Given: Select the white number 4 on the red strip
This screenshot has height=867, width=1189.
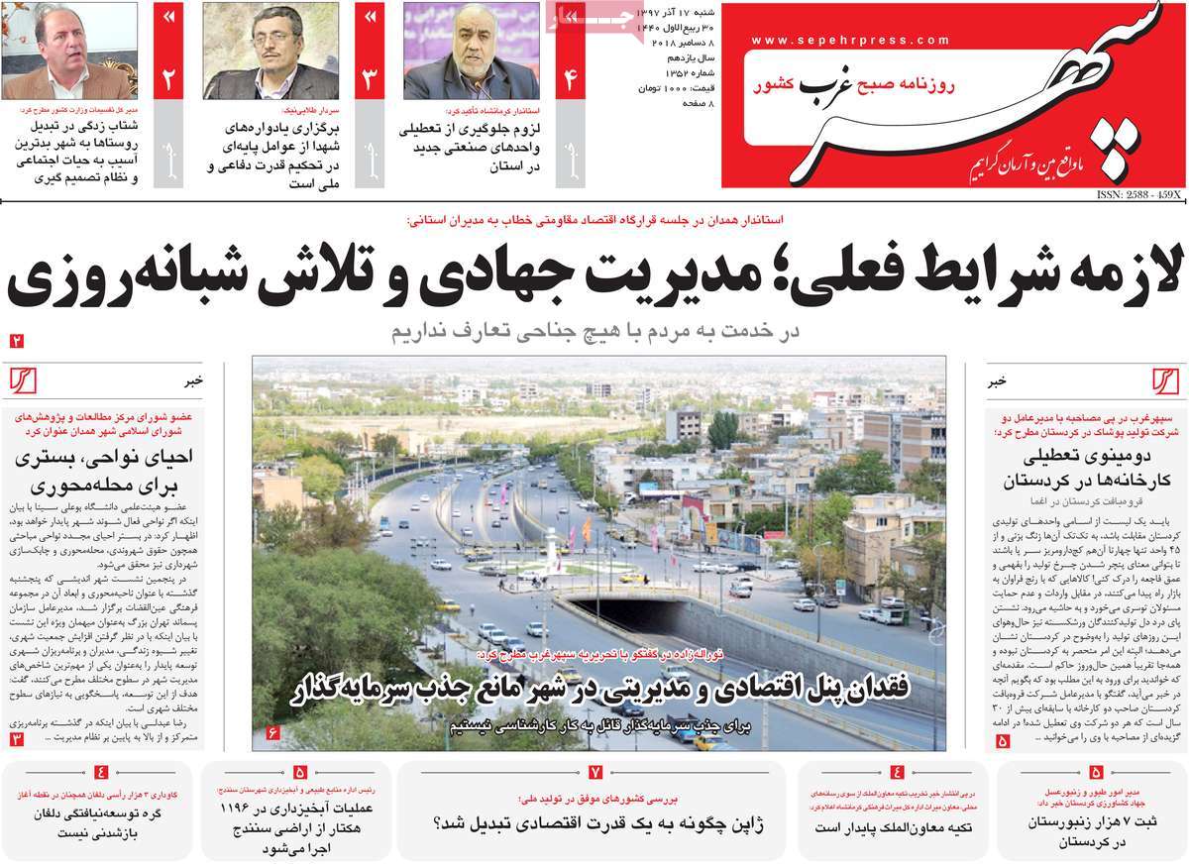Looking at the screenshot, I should tap(570, 80).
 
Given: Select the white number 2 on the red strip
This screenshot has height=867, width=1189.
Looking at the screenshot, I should tap(167, 80).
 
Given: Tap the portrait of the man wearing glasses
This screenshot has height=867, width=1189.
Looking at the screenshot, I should tap(270, 52).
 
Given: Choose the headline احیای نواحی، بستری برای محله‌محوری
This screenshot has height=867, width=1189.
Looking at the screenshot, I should tap(104, 473).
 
